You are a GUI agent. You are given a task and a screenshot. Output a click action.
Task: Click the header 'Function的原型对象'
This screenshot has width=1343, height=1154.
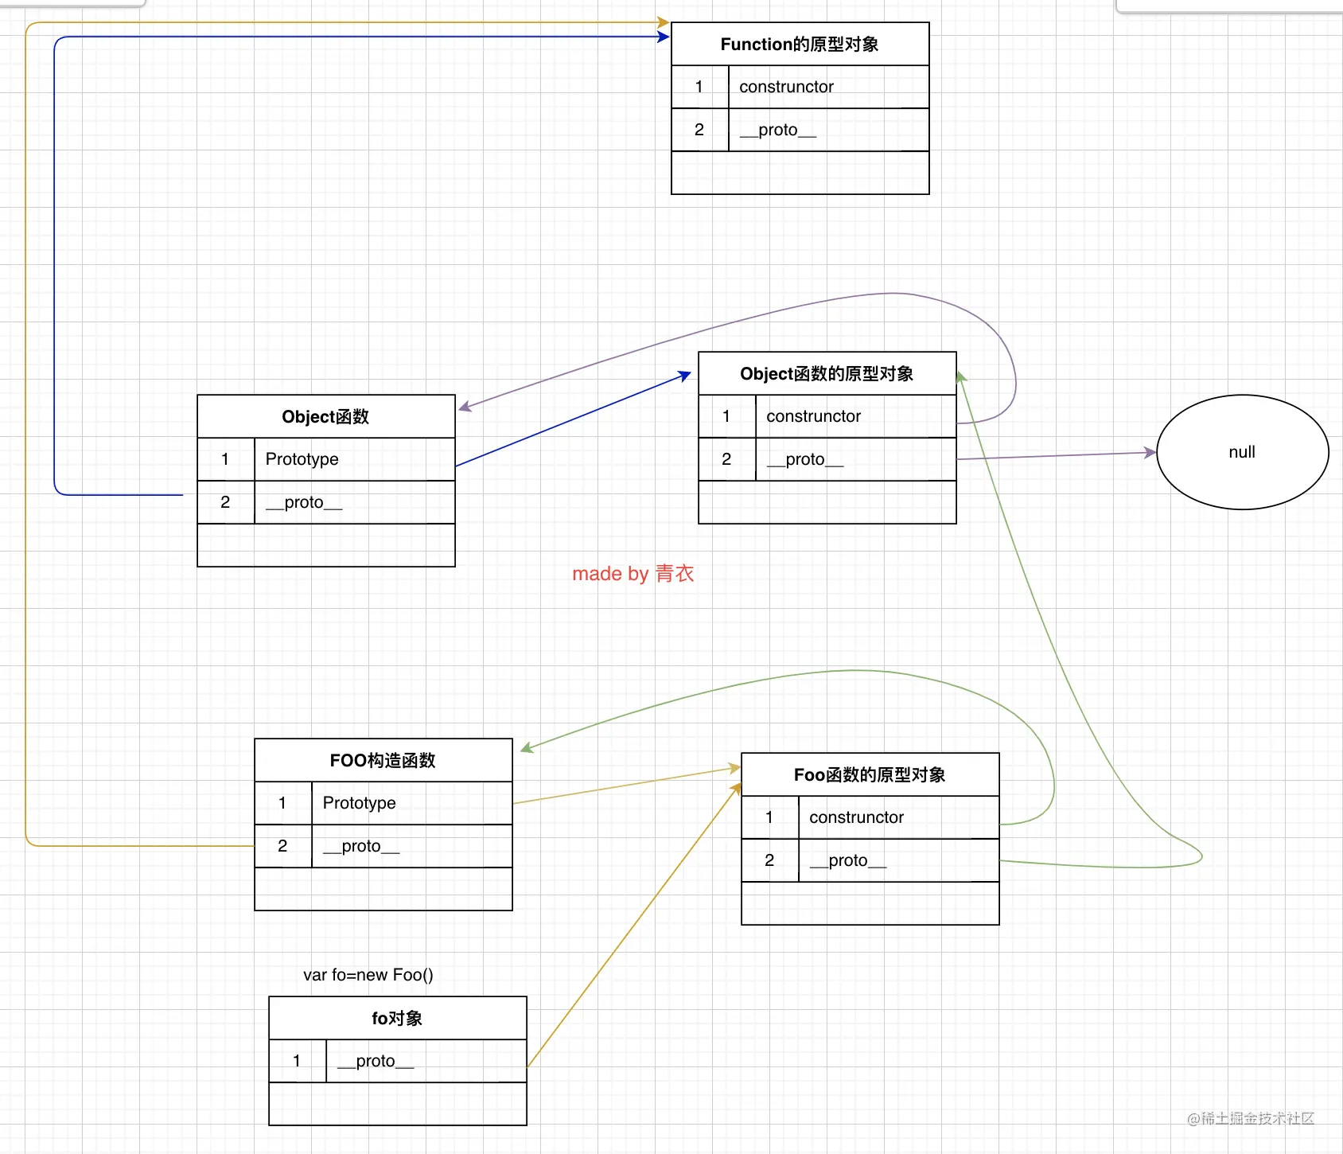point(800,45)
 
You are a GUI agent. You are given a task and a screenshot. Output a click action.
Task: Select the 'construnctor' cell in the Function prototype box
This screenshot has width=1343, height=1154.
point(828,87)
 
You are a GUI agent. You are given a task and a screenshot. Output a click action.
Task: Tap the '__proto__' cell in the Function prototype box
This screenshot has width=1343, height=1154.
point(828,130)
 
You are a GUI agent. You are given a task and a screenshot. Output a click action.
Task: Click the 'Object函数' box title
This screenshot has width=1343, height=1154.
point(325,417)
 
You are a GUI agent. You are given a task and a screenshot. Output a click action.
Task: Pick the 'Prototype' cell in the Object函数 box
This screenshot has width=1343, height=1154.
point(354,459)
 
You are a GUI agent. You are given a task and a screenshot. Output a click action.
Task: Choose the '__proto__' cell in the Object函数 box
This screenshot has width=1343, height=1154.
point(354,502)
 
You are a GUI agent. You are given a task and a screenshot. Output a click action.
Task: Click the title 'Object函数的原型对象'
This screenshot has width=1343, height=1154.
point(827,374)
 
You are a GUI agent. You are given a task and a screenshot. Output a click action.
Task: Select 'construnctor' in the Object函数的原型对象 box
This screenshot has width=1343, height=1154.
point(855,416)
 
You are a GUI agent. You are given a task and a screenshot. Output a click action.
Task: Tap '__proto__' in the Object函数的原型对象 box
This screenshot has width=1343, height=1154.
point(855,459)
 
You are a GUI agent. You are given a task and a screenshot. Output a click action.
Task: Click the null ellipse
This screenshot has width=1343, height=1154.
point(1242,452)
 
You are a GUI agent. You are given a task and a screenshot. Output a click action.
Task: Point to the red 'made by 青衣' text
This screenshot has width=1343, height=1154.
point(633,574)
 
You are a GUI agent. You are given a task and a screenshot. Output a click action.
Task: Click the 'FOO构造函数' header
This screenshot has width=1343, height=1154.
point(383,761)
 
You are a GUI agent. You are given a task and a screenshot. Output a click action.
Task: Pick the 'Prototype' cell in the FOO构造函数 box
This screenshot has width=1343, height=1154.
point(411,803)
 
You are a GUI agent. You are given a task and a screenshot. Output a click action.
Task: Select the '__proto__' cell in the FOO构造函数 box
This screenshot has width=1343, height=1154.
point(411,846)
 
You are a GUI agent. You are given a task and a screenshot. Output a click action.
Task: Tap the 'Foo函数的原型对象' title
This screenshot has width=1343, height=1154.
point(870,775)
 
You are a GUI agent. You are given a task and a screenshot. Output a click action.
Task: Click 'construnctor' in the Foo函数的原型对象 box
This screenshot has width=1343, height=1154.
point(898,817)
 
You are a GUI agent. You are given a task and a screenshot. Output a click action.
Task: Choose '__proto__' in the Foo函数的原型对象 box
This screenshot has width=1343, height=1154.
point(898,860)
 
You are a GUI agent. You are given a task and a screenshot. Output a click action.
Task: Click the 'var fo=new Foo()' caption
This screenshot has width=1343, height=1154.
point(368,975)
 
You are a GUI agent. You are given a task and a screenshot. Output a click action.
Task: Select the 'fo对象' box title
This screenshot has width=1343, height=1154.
point(397,1019)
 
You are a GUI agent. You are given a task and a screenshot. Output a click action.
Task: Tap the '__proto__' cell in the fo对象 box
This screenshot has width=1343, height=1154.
point(426,1061)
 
